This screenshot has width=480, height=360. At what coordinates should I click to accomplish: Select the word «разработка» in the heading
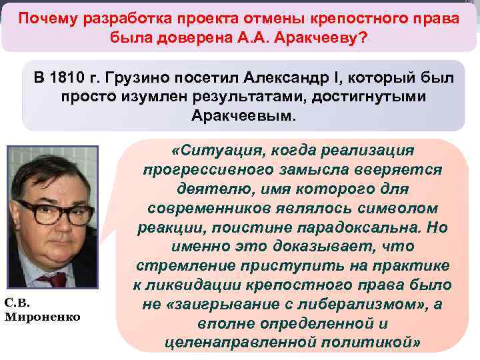click(x=133, y=18)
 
